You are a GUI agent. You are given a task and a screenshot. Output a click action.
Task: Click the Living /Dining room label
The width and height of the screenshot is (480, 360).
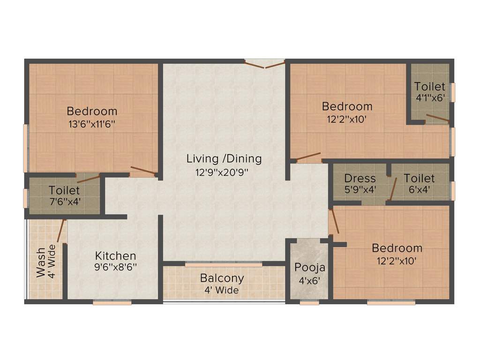click(224, 158)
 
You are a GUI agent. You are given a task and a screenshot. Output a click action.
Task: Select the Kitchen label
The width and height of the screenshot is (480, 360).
click(116, 256)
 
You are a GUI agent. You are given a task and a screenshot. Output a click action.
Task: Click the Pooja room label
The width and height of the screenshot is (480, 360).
click(310, 268)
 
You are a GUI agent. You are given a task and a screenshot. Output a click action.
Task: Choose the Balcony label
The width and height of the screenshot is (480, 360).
click(222, 278)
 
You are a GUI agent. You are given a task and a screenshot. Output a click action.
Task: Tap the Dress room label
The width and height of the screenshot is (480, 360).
click(360, 178)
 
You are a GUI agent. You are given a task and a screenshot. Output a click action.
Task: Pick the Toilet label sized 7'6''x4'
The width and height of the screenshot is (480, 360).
click(64, 191)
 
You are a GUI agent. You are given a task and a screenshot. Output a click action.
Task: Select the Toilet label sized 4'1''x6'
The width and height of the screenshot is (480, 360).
click(430, 86)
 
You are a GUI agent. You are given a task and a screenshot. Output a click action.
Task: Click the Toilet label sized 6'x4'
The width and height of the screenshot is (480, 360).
click(419, 178)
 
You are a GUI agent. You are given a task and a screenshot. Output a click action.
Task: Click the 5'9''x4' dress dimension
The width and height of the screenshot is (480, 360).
click(360, 190)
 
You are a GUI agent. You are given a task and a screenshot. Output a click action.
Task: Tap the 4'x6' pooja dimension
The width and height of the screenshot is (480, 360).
click(309, 281)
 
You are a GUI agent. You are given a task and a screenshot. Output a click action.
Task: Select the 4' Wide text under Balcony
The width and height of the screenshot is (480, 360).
click(222, 290)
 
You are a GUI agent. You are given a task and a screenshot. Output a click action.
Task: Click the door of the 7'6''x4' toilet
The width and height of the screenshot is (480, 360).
click(88, 178)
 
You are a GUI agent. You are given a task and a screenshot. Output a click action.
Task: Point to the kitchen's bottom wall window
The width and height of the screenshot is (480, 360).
click(112, 303)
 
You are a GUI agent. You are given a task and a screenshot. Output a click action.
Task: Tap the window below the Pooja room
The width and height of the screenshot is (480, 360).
click(309, 303)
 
